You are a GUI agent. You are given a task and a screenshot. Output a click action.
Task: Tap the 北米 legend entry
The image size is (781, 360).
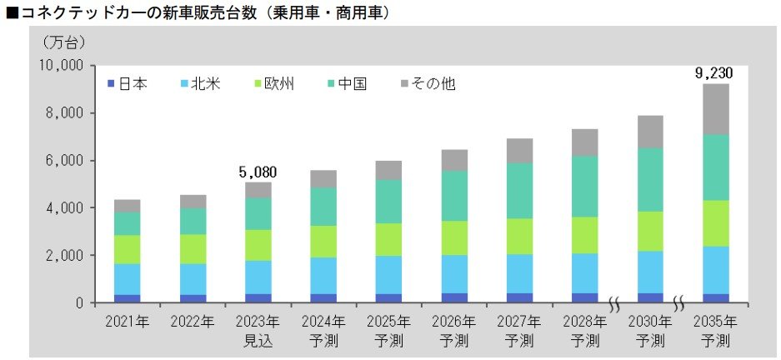(x=198, y=83)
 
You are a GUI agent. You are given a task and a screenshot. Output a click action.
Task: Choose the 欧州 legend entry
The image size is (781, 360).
(x=273, y=83)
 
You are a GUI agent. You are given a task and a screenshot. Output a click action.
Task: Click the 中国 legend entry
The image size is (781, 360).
(x=345, y=83)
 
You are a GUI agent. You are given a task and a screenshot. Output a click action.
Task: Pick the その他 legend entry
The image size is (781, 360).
(x=428, y=83)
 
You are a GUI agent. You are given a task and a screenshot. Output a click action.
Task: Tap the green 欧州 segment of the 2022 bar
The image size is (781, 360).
(x=193, y=249)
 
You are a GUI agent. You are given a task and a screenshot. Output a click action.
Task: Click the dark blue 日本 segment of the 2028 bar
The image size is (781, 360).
(x=584, y=297)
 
